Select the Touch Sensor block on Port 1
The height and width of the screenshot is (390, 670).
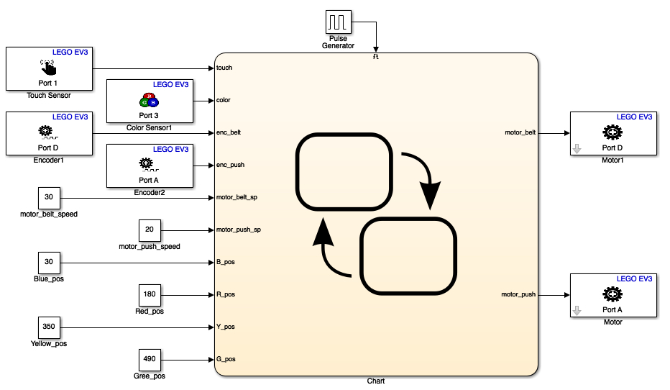(49, 68)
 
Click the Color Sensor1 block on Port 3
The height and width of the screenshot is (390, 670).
(150, 101)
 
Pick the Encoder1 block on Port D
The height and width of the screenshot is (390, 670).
(49, 133)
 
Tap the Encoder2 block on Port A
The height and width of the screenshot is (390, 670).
(150, 165)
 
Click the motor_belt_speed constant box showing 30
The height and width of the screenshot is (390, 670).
(49, 197)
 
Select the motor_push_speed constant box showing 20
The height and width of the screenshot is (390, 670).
(150, 230)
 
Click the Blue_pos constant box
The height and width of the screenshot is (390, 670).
(49, 262)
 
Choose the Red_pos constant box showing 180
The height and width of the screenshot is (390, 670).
(150, 294)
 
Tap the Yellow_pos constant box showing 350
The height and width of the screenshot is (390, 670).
(49, 327)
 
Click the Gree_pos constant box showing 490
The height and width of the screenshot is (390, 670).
(150, 359)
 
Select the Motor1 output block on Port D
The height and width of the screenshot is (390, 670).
(612, 133)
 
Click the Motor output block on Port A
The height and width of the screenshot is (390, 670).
(612, 295)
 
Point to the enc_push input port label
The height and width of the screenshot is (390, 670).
(230, 165)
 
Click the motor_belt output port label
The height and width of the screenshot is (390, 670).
(521, 132)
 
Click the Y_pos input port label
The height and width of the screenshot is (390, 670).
(226, 327)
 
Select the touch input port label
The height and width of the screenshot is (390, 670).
(224, 68)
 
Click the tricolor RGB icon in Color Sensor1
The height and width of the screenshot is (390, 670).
(149, 100)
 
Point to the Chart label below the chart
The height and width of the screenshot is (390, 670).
(376, 381)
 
